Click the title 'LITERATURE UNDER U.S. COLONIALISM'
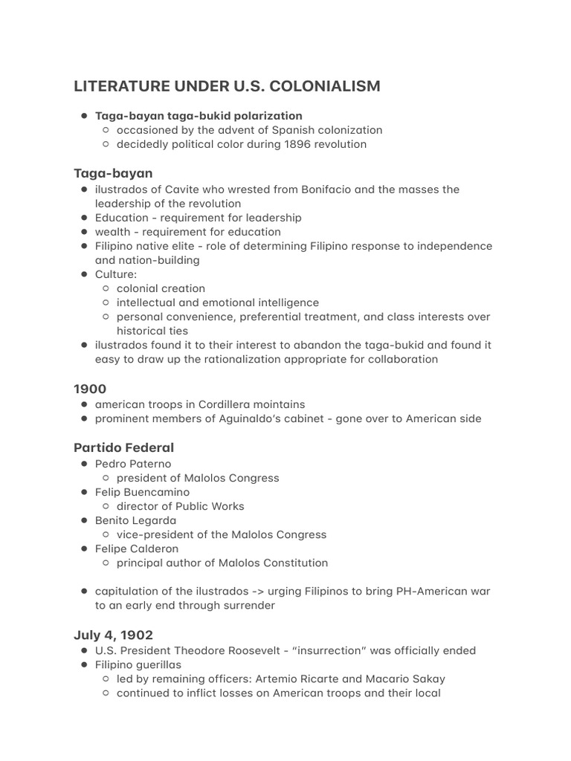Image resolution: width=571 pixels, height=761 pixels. [x=227, y=86]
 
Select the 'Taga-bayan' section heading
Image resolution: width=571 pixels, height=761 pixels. [x=113, y=173]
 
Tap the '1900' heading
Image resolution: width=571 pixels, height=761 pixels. [x=90, y=389]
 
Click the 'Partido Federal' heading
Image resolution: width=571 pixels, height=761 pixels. [x=123, y=447]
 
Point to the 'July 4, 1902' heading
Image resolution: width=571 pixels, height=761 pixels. [x=113, y=635]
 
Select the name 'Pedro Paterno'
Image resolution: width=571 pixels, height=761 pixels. [x=133, y=464]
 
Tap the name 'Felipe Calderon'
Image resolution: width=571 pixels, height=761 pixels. [x=137, y=548]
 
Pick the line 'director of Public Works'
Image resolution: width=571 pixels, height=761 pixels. [x=180, y=506]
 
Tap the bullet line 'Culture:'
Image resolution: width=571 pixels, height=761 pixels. [x=116, y=274]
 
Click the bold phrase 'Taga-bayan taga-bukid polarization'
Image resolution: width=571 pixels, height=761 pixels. [x=199, y=116]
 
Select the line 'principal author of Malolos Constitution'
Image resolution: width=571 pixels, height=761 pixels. [x=222, y=563]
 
